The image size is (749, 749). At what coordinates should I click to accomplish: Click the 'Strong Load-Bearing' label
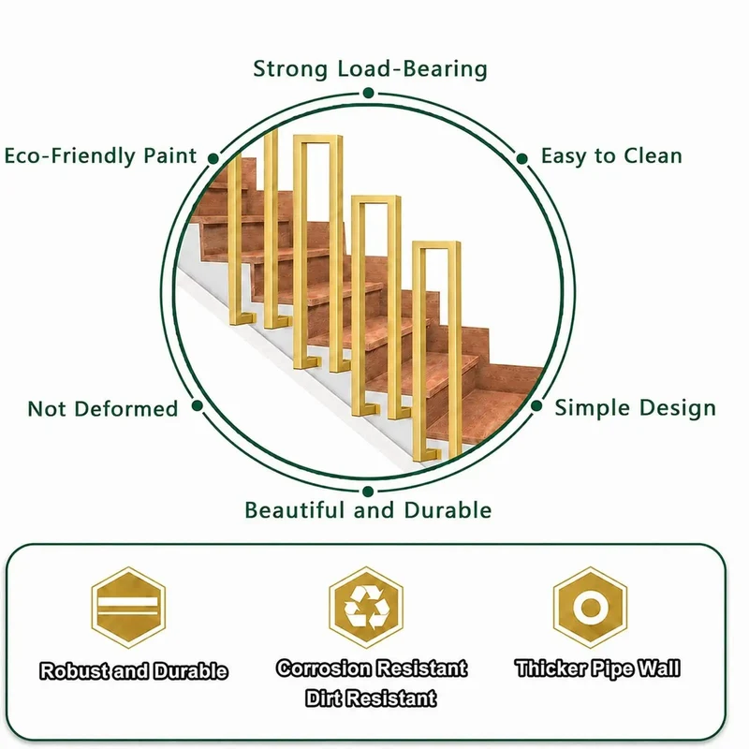pos(370,68)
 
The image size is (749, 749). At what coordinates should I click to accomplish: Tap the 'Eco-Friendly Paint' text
pos(100,155)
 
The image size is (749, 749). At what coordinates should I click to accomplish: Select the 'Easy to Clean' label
pos(611,155)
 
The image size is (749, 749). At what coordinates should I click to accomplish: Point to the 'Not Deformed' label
pos(103,409)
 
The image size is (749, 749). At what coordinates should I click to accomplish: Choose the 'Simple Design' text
pos(636,408)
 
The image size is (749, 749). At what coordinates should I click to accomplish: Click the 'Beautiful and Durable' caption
pos(368,510)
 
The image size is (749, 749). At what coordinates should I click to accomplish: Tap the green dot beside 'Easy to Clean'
pos(522,158)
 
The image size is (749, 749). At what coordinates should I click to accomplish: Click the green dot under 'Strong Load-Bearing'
pos(368,93)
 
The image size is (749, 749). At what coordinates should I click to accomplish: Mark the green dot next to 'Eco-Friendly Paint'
pos(213,158)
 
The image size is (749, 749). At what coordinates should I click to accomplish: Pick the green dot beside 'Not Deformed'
pos(198,406)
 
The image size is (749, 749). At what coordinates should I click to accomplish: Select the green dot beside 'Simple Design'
pos(536,406)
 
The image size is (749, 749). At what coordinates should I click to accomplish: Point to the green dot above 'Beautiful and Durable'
pos(368,492)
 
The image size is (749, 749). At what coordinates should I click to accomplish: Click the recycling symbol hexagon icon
pos(366,607)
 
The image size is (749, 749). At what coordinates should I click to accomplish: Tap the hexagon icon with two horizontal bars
pos(128,607)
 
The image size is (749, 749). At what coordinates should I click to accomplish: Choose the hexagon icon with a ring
pos(591,607)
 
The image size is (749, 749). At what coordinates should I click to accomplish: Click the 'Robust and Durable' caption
pos(134,671)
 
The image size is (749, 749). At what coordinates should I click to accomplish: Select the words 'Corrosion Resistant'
pos(372,668)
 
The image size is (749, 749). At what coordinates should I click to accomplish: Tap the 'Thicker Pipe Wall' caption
pos(597,668)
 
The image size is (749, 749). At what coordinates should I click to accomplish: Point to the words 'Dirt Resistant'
pos(371,698)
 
